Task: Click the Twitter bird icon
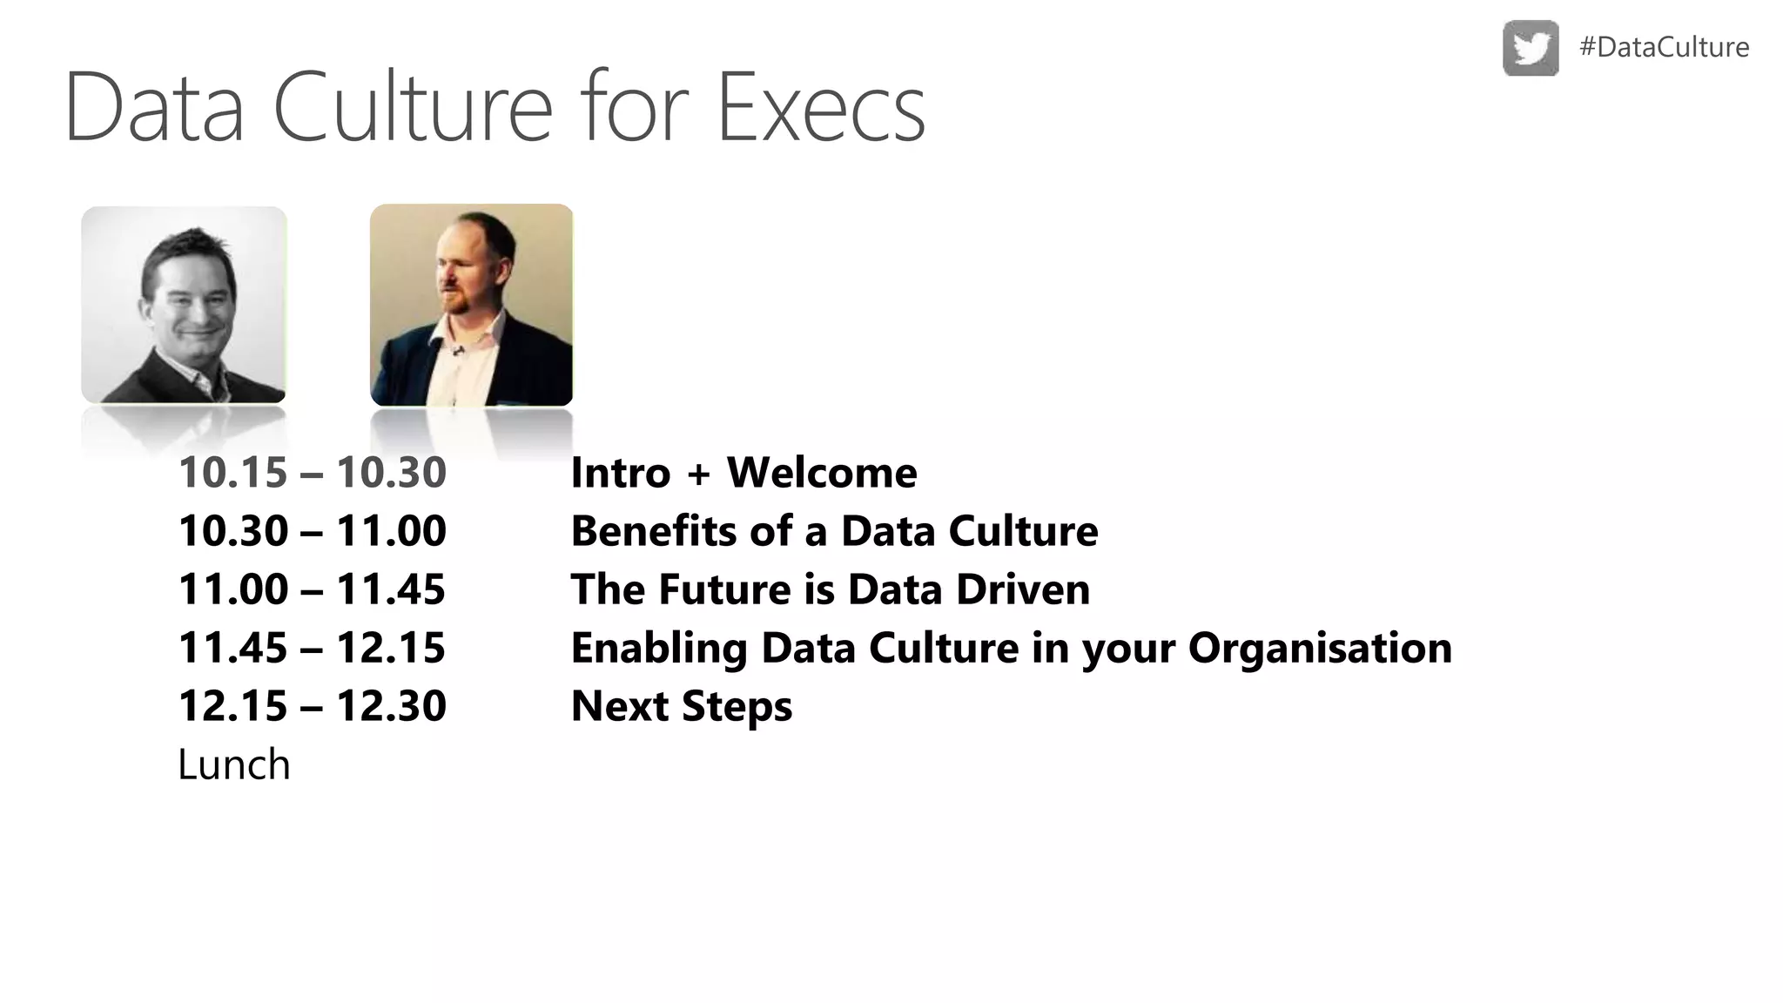(x=1531, y=48)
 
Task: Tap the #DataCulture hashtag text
(x=1664, y=47)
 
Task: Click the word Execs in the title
(x=820, y=109)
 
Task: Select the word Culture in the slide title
(x=413, y=109)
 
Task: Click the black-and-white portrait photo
(x=184, y=305)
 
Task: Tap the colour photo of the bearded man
(x=471, y=305)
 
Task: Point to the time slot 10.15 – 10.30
(x=312, y=473)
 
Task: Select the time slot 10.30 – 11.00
(x=312, y=531)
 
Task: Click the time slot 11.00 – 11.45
(x=312, y=589)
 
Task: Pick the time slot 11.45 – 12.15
(x=312, y=648)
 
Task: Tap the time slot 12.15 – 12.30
(x=312, y=706)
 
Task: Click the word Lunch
(x=233, y=764)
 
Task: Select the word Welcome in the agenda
(x=822, y=473)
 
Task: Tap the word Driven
(x=1022, y=589)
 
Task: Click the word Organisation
(x=1320, y=648)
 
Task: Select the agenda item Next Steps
(x=681, y=706)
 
